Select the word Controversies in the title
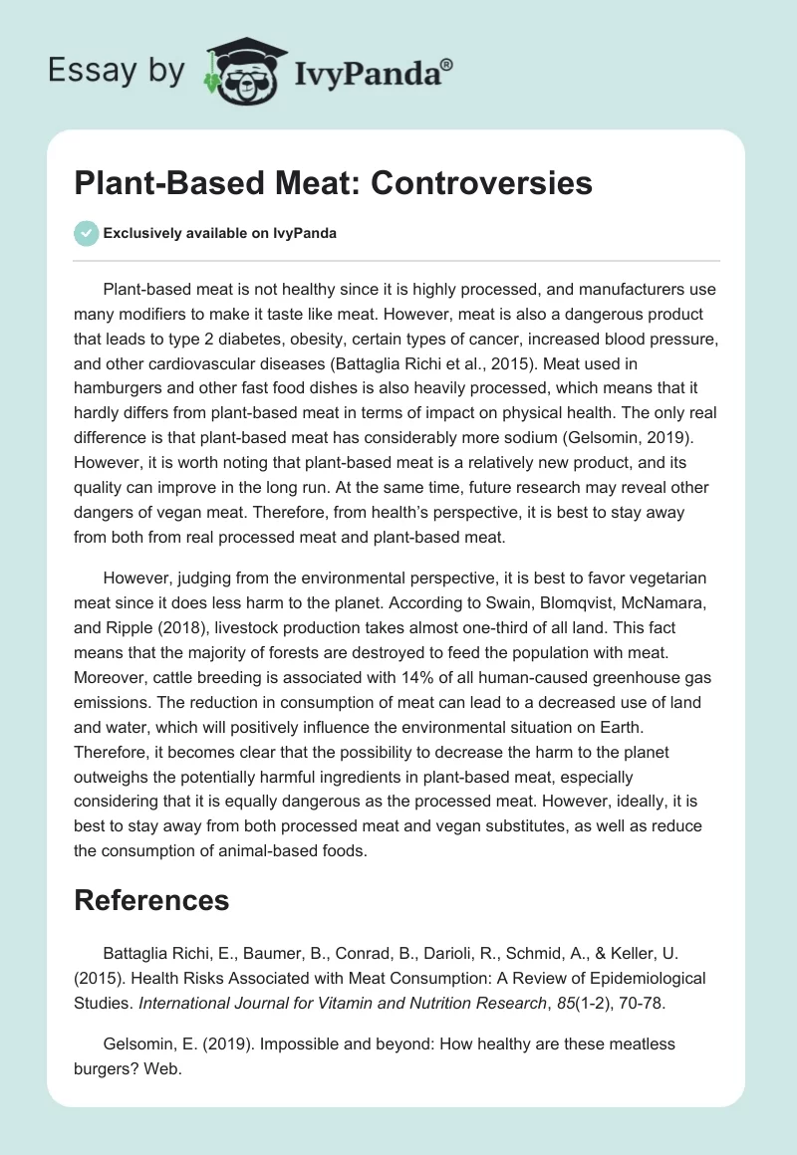coord(482,183)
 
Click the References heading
coord(151,900)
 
